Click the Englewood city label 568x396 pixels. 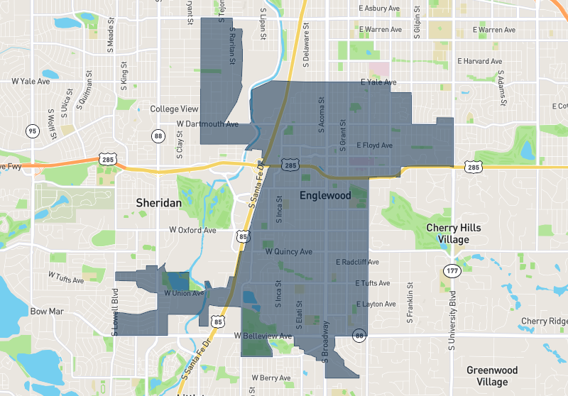point(325,195)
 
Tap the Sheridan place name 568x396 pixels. point(159,203)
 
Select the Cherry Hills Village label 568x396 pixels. point(453,233)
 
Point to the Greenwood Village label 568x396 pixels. point(492,376)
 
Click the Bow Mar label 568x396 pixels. point(48,312)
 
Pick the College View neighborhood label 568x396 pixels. point(175,109)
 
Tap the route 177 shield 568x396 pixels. point(452,271)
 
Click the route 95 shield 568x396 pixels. point(32,131)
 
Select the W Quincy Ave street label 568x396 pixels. point(288,252)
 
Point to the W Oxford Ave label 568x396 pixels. point(192,231)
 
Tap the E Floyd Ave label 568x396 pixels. point(374,145)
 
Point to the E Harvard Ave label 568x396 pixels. point(480,62)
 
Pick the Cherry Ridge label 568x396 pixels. point(544,321)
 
